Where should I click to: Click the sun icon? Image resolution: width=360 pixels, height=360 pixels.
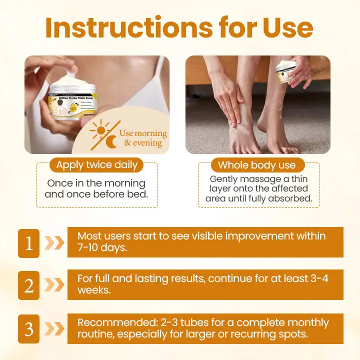(x=99, y=131)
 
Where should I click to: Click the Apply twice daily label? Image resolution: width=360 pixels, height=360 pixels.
(x=96, y=164)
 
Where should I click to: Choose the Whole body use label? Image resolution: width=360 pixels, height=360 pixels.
(x=257, y=165)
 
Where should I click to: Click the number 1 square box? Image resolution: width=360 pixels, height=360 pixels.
(x=28, y=243)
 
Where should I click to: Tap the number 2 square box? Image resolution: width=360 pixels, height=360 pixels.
(x=28, y=285)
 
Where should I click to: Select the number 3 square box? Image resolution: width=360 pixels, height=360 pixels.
(x=28, y=328)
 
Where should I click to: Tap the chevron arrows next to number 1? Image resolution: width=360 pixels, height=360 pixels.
(x=53, y=243)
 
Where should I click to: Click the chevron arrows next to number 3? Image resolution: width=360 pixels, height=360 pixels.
(x=53, y=328)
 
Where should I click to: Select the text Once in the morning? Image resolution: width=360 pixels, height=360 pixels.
(x=96, y=183)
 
